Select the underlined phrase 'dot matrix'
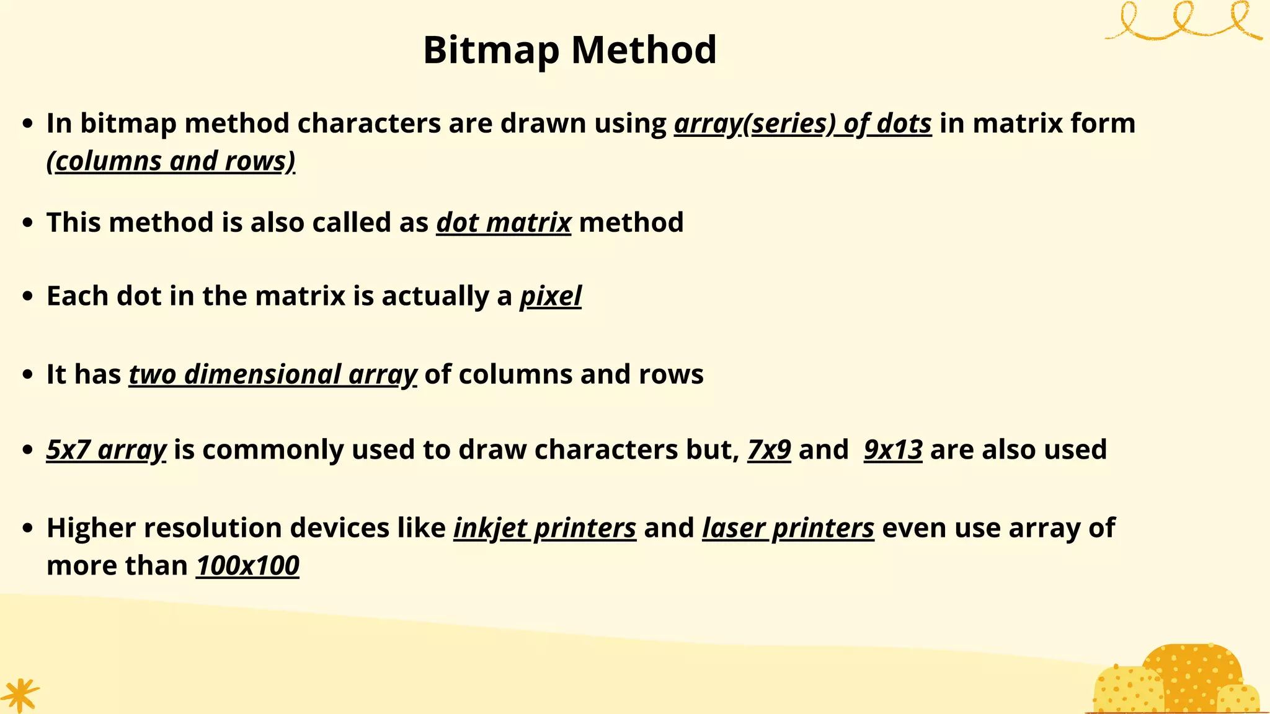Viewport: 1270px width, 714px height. pyautogui.click(x=504, y=223)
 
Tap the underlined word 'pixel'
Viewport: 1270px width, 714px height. pyautogui.click(x=550, y=296)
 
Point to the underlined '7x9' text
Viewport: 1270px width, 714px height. pyautogui.click(x=769, y=450)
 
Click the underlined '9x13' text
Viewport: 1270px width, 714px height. pyautogui.click(x=893, y=450)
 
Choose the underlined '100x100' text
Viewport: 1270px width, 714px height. pyautogui.click(x=247, y=566)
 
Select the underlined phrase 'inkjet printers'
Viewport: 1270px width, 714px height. pyautogui.click(x=544, y=528)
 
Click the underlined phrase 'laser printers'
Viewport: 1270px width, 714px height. pyautogui.click(x=788, y=528)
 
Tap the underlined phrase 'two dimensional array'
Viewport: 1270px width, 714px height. pyautogui.click(x=273, y=375)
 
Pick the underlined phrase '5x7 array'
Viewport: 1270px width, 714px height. pyautogui.click(x=106, y=450)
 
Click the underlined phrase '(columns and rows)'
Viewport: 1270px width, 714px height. pyautogui.click(x=171, y=161)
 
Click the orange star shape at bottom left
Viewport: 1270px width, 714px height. pyautogui.click(x=20, y=695)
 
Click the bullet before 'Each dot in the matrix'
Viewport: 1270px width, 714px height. pyautogui.click(x=27, y=296)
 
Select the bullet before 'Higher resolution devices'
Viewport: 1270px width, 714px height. pyautogui.click(x=27, y=528)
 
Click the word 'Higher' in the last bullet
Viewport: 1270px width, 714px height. pyautogui.click(x=91, y=528)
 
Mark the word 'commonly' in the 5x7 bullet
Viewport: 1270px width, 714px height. pyautogui.click(x=273, y=450)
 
